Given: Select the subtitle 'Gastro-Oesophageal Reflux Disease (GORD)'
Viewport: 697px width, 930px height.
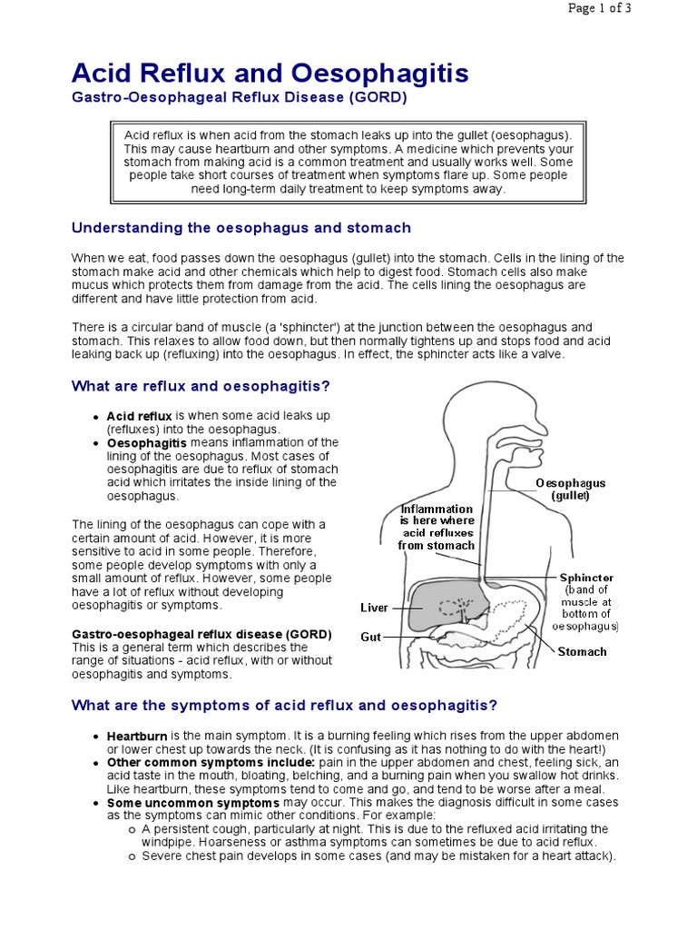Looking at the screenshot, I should pyautogui.click(x=240, y=98).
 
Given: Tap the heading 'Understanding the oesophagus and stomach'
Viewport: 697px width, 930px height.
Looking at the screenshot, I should pyautogui.click(x=241, y=227).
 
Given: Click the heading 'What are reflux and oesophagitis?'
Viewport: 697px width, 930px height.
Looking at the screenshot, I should pyautogui.click(x=201, y=386).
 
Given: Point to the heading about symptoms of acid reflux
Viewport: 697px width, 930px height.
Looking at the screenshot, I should pyautogui.click(x=284, y=706).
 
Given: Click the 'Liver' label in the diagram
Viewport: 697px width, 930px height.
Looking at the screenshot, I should pyautogui.click(x=374, y=607).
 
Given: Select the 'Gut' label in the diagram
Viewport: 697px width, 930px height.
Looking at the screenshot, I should pyautogui.click(x=370, y=638).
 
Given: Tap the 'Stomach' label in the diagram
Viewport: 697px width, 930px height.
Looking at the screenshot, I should pyautogui.click(x=582, y=651).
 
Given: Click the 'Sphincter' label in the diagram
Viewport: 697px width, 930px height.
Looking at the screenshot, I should pyautogui.click(x=586, y=578).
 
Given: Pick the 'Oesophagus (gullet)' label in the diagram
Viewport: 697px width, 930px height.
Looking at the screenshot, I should pyautogui.click(x=570, y=490).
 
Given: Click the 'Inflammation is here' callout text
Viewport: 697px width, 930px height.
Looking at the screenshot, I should pyautogui.click(x=437, y=527).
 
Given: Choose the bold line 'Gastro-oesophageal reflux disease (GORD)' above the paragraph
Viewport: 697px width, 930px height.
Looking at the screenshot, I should pyautogui.click(x=201, y=634).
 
